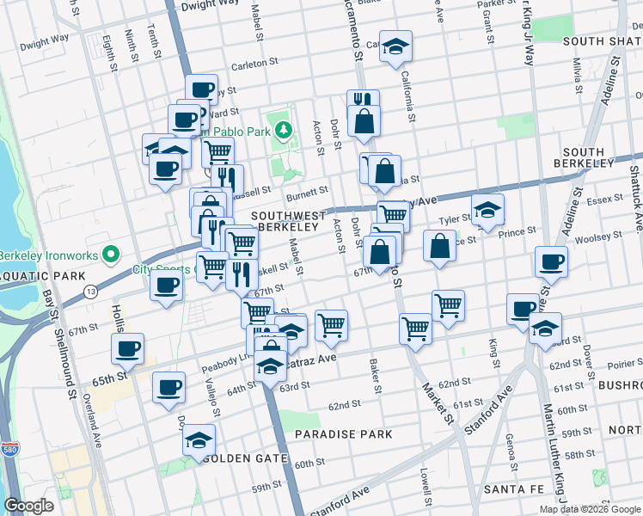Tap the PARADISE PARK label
[x=344, y=434]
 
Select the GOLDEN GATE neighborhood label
[x=246, y=458]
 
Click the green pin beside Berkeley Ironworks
[x=109, y=255]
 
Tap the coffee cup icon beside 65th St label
[x=127, y=347]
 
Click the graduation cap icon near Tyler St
[x=487, y=209]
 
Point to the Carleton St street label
[x=256, y=63]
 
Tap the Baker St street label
[x=376, y=377]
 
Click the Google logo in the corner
[x=29, y=506]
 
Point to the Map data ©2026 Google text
[x=591, y=509]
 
